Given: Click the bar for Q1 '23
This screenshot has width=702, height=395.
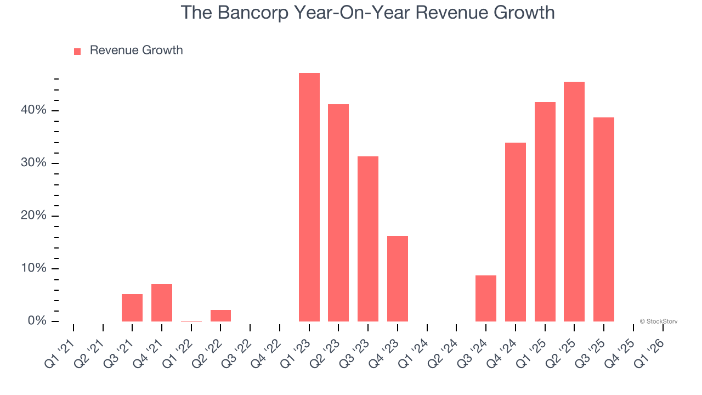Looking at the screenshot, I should click(x=309, y=197).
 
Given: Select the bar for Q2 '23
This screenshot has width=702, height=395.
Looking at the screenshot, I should click(x=338, y=213).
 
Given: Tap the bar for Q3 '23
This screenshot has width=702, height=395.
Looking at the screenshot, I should click(x=368, y=239).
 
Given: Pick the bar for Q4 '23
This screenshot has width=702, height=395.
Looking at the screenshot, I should click(x=398, y=279).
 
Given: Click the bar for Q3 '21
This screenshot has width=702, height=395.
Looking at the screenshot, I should click(x=132, y=308).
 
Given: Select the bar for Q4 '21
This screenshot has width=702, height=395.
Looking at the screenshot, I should click(x=162, y=303).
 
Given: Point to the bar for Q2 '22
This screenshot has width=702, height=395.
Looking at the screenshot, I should click(x=220, y=315).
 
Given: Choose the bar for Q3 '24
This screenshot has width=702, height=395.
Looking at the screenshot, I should click(x=486, y=298).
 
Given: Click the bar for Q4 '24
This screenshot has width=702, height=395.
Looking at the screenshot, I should click(x=516, y=232).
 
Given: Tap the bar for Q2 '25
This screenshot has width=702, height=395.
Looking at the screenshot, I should click(x=574, y=201).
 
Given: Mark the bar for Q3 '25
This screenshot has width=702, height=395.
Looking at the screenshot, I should click(x=604, y=219).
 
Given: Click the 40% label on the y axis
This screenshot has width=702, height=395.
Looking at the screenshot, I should click(x=34, y=110).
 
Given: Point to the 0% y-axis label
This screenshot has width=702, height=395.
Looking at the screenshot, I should click(x=37, y=321).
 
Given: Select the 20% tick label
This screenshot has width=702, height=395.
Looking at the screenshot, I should click(x=34, y=216).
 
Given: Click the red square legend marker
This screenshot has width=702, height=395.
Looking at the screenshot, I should click(x=77, y=51).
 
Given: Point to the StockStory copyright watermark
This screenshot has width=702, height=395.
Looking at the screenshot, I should click(x=658, y=321).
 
